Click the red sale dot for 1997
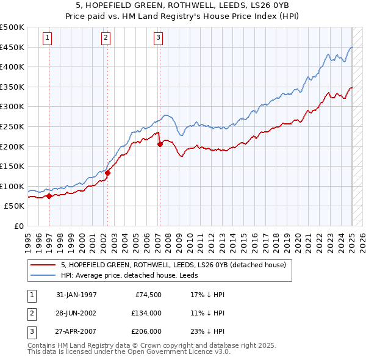tap(49, 196)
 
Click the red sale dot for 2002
tap(107, 173)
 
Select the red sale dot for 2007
tap(160, 145)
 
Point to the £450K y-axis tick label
tap(12, 47)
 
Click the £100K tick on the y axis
tap(12, 186)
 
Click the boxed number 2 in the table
tap(30, 314)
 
